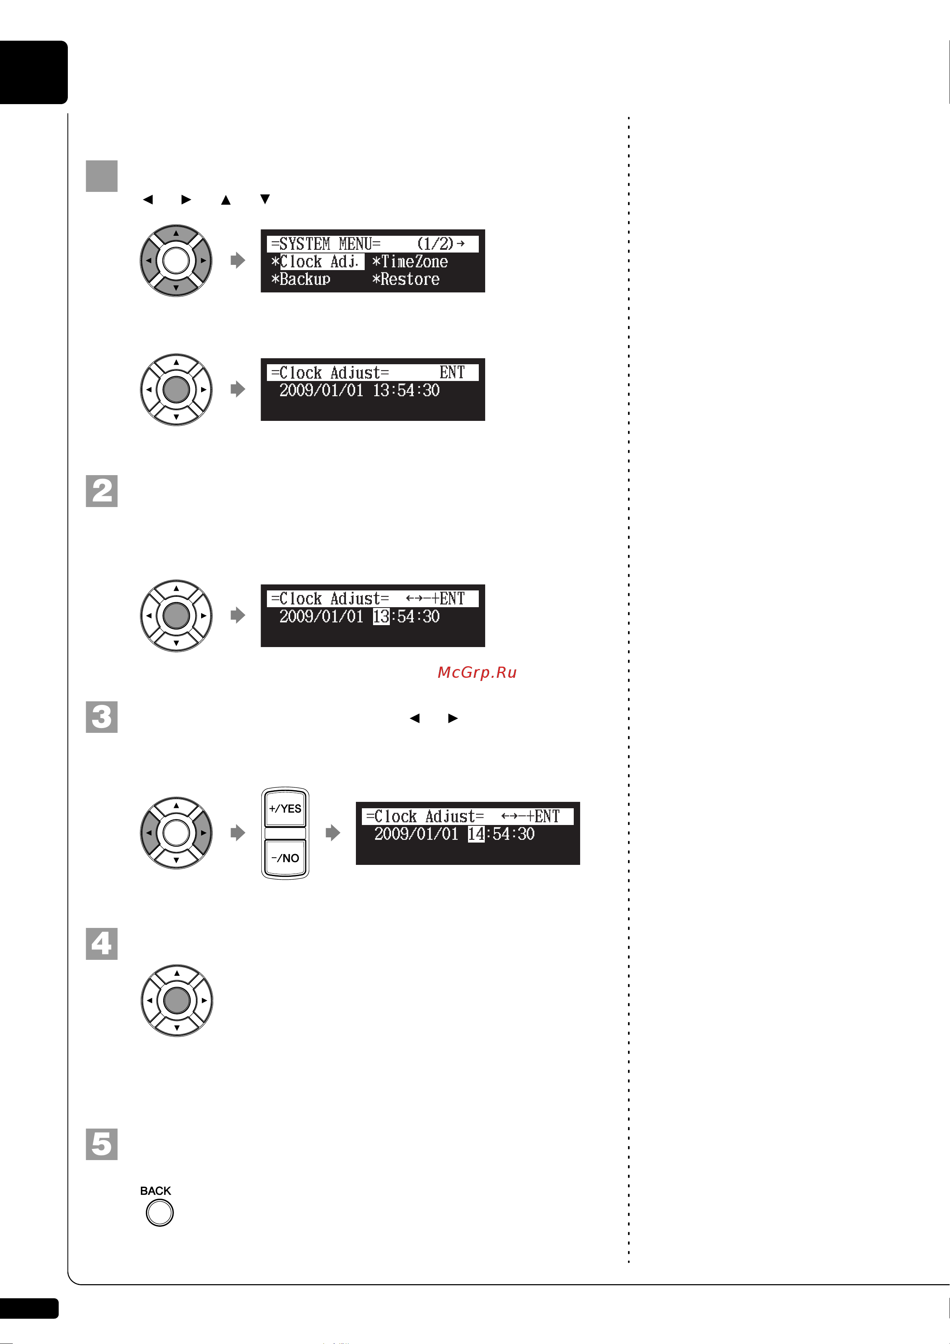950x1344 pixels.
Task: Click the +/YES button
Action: pyautogui.click(x=285, y=808)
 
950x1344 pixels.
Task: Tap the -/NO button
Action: pyautogui.click(x=285, y=858)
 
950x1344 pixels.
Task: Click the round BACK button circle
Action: pyautogui.click(x=159, y=1212)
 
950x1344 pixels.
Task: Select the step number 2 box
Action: pyautogui.click(x=102, y=491)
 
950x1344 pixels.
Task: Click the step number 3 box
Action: pyautogui.click(x=102, y=716)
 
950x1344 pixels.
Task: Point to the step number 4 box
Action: pyautogui.click(x=102, y=943)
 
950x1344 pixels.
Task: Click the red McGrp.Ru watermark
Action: pyautogui.click(x=477, y=673)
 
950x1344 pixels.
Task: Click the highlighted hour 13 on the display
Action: pyautogui.click(x=381, y=616)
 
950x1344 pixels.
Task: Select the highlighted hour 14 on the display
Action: pyautogui.click(x=476, y=834)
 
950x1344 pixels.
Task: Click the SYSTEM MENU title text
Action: pyautogui.click(x=326, y=243)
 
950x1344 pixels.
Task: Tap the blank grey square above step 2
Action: pyautogui.click(x=102, y=176)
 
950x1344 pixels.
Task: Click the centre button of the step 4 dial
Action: pyautogui.click(x=177, y=1001)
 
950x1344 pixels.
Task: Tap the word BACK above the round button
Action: pyautogui.click(x=156, y=1191)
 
